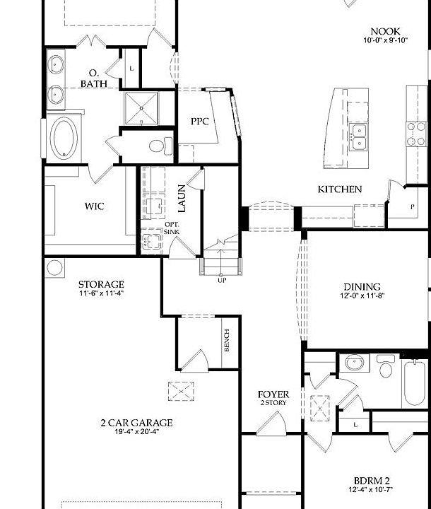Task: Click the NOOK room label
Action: pyautogui.click(x=386, y=31)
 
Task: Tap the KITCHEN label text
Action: pyautogui.click(x=339, y=189)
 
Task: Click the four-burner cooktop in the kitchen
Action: pyautogui.click(x=416, y=133)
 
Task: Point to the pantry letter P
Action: pyautogui.click(x=413, y=208)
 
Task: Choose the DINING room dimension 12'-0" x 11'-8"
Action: pyautogui.click(x=362, y=296)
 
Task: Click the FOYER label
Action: pyautogui.click(x=273, y=394)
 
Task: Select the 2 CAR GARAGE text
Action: pyautogui.click(x=136, y=423)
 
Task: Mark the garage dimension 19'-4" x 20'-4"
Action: pyautogui.click(x=136, y=433)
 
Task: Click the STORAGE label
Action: pyautogui.click(x=101, y=284)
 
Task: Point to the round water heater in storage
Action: pyautogui.click(x=55, y=267)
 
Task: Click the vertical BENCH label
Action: pyautogui.click(x=227, y=340)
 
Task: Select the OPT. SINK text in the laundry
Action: pyautogui.click(x=172, y=228)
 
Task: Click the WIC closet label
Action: pyautogui.click(x=95, y=206)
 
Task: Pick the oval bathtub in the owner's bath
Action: pyautogui.click(x=65, y=139)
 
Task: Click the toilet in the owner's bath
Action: pyautogui.click(x=160, y=146)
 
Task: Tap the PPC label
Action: pyautogui.click(x=199, y=121)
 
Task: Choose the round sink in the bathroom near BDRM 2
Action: pyautogui.click(x=353, y=363)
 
